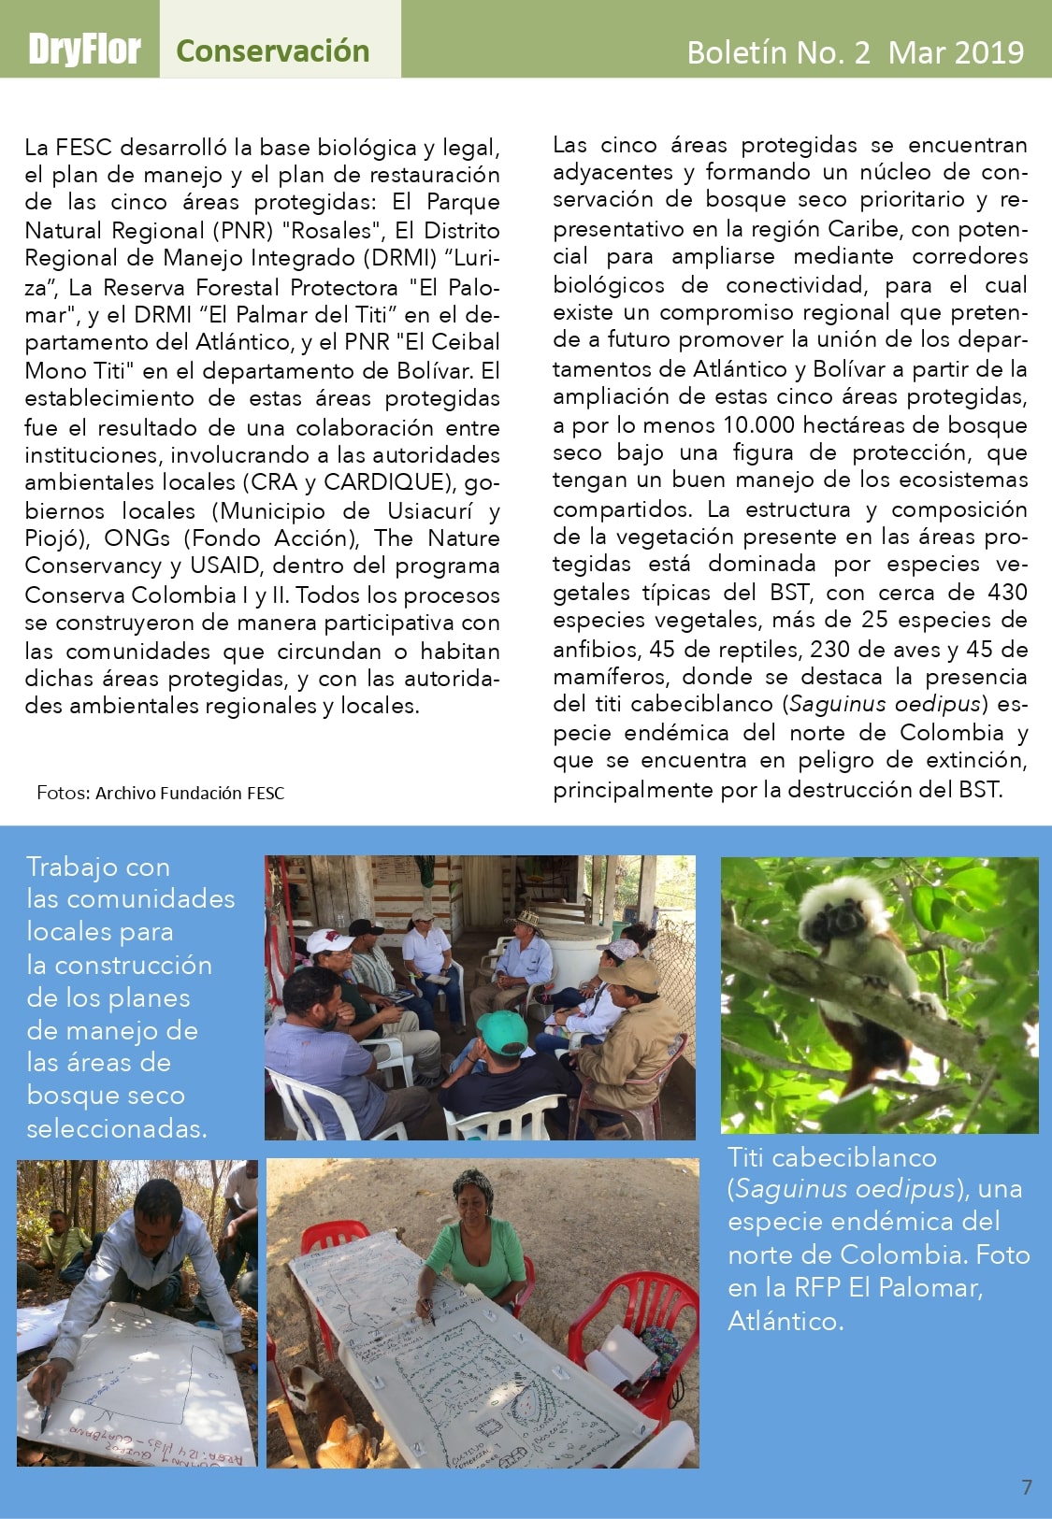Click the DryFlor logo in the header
click(x=84, y=49)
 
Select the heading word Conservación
click(x=272, y=50)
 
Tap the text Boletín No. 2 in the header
click(x=778, y=52)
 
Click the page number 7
click(x=1027, y=1487)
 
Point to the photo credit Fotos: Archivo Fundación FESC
click(x=160, y=793)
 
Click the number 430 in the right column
click(x=1007, y=592)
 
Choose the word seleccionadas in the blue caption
click(x=117, y=1128)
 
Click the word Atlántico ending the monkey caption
click(x=785, y=1321)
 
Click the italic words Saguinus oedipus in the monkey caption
click(x=844, y=1188)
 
